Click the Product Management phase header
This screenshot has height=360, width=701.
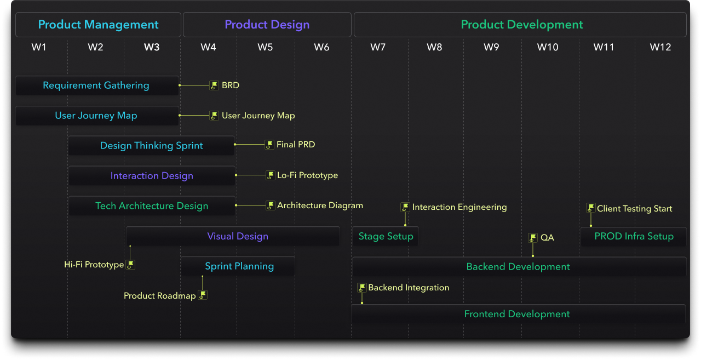(x=98, y=25)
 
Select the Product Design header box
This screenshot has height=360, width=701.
(x=267, y=25)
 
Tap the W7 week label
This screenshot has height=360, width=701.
(x=378, y=47)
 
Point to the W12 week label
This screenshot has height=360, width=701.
(x=660, y=47)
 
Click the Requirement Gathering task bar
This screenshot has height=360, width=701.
(x=97, y=85)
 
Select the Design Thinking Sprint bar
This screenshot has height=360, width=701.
(x=152, y=146)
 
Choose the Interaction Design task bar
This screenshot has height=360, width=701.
(x=152, y=176)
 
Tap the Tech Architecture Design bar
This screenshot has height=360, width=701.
(x=152, y=205)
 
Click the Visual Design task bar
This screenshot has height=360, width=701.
(x=233, y=236)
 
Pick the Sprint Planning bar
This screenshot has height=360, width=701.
(x=238, y=266)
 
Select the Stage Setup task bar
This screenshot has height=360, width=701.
(x=386, y=236)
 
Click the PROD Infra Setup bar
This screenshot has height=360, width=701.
(x=634, y=236)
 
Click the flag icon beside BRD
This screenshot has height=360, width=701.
(x=214, y=85)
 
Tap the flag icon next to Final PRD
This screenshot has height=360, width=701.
(x=269, y=145)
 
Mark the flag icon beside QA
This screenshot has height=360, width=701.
(x=533, y=238)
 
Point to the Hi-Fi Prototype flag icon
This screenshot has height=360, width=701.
(x=130, y=265)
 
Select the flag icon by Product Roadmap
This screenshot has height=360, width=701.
(x=203, y=295)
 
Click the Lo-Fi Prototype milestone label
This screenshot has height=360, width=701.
(x=307, y=175)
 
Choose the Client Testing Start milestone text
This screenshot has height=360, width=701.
(x=634, y=208)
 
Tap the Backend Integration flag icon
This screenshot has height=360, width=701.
(x=362, y=287)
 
